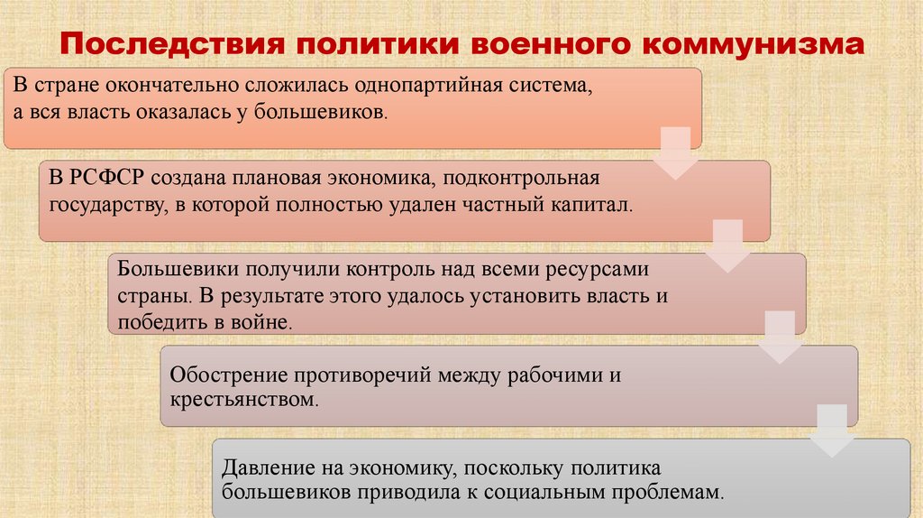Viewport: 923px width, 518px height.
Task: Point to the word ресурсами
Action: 601,269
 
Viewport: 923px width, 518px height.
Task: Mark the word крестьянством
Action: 242,398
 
